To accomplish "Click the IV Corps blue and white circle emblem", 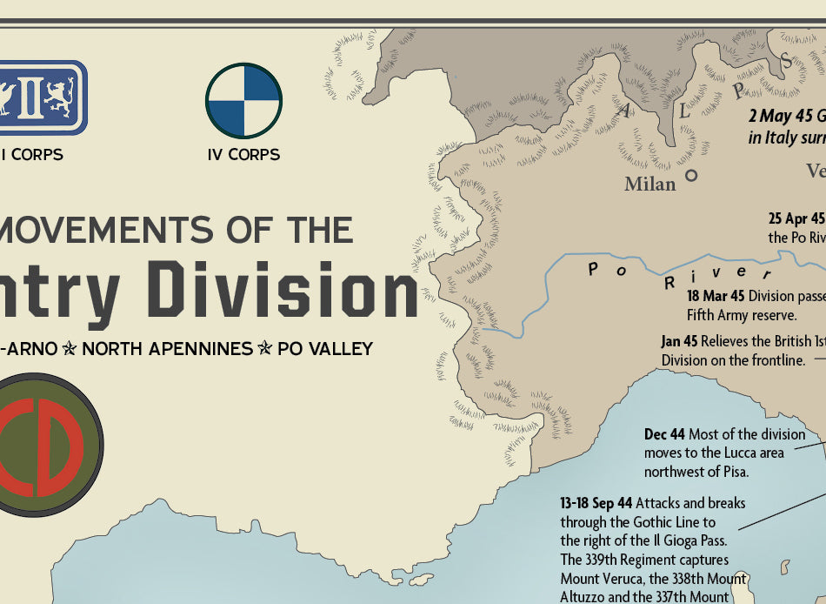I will point(243,101).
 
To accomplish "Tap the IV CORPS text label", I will point(243,155).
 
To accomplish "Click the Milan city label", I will point(649,184).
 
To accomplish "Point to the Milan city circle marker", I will point(691,175).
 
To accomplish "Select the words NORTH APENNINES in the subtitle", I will point(168,349).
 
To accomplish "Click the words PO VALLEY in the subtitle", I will point(325,349).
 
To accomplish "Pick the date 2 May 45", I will point(780,117).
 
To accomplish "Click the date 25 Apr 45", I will point(796,218).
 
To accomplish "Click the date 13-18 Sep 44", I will point(596,503).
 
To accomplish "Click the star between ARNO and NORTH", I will point(70,349).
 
